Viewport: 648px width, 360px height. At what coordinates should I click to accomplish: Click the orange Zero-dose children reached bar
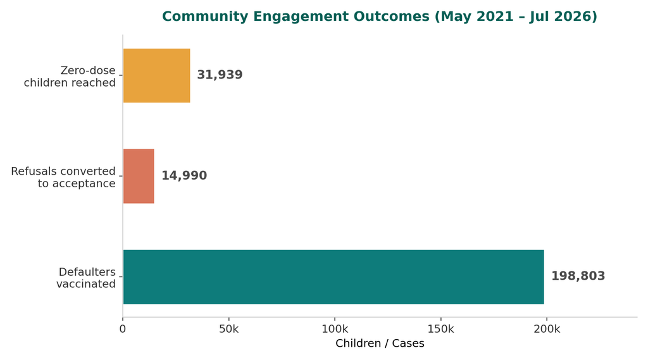tap(157, 76)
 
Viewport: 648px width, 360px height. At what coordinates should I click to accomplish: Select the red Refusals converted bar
tap(139, 176)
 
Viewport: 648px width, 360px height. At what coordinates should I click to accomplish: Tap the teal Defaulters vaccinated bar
tap(333, 277)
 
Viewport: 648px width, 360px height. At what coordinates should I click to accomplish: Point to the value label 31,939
tap(220, 75)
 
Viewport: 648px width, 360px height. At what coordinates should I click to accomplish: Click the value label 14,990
tap(184, 176)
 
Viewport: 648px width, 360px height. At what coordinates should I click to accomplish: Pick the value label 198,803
tap(578, 276)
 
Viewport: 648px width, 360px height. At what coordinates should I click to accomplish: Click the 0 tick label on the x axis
tap(123, 330)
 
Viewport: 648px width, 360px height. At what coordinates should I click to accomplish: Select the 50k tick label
tap(229, 330)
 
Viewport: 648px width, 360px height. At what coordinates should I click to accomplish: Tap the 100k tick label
tap(335, 330)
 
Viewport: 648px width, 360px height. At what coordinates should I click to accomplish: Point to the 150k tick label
tap(440, 330)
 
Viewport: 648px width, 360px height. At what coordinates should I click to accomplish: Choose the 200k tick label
tap(547, 330)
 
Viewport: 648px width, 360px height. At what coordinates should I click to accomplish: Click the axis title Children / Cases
tap(380, 344)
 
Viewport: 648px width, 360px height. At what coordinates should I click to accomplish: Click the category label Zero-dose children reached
tap(70, 77)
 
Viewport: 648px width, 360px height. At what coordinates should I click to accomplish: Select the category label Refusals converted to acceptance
tap(63, 177)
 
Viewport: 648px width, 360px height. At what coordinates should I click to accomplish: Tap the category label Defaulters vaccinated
tap(86, 278)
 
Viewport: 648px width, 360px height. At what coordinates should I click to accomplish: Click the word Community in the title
tap(206, 16)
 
